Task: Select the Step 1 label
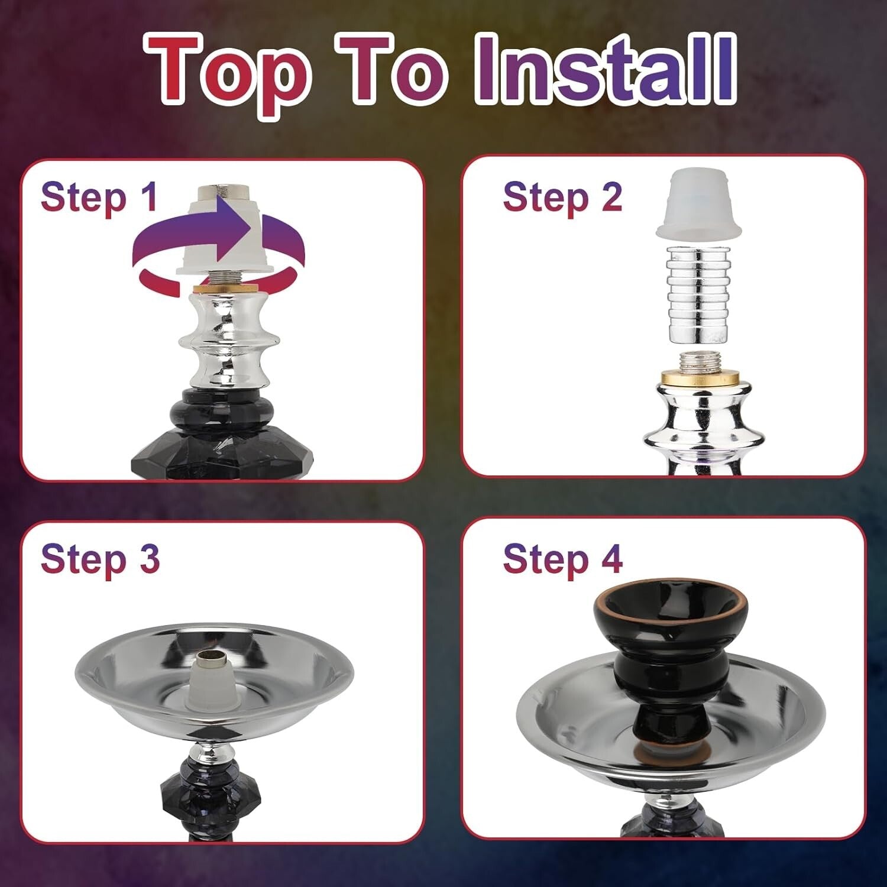[99, 197]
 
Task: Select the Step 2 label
[562, 197]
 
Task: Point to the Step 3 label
[100, 559]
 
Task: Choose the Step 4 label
[562, 559]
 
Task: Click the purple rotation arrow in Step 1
[219, 237]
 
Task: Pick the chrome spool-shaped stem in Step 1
[229, 340]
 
